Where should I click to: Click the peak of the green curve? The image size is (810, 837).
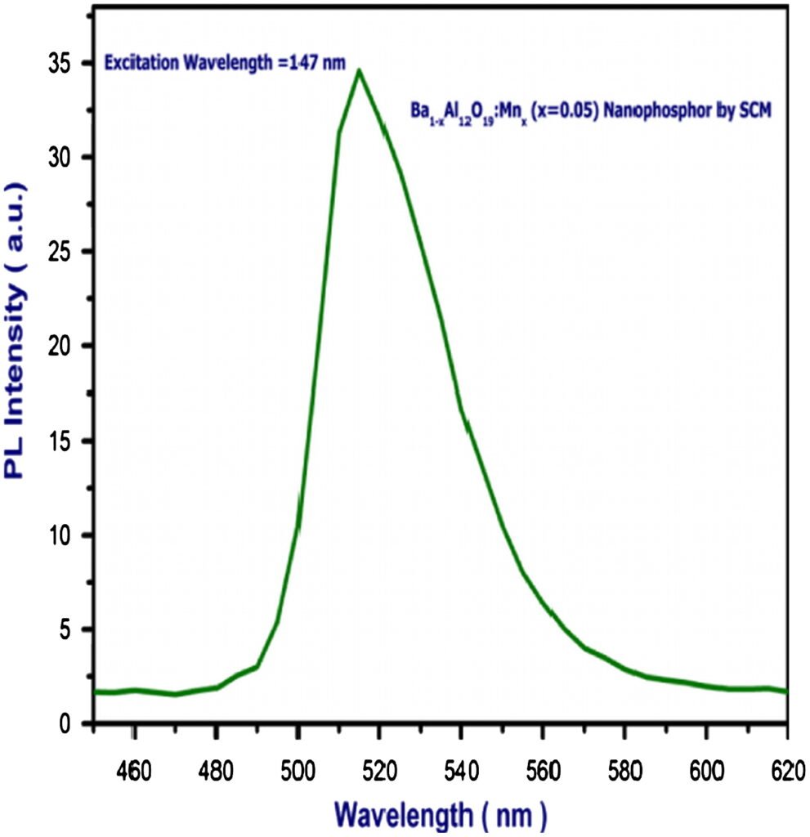[x=359, y=71]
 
